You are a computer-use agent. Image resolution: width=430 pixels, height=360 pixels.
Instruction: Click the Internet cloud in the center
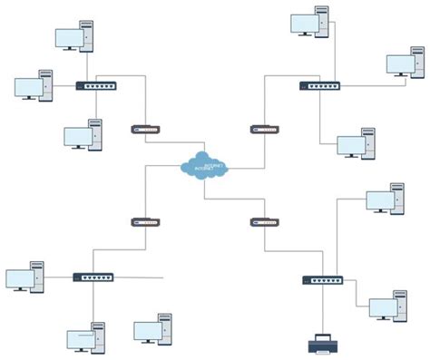click(205, 166)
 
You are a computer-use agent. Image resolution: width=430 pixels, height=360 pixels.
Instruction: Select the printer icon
click(322, 343)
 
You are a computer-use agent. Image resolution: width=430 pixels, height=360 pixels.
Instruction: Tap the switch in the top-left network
click(96, 87)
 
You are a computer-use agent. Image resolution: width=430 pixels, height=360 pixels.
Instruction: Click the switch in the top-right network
click(319, 86)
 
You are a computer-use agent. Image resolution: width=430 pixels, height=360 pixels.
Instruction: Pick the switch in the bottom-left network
click(93, 277)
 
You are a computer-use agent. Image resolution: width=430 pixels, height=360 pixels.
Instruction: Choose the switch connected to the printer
click(322, 280)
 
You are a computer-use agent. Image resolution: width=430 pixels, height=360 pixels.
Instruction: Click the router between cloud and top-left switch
click(146, 129)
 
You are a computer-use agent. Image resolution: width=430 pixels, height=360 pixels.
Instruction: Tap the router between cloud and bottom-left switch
click(145, 221)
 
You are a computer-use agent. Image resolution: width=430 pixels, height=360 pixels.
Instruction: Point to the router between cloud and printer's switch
click(264, 221)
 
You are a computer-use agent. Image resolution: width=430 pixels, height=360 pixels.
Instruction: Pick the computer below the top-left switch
click(84, 135)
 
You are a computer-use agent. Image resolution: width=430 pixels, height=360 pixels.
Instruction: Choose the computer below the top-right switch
click(357, 143)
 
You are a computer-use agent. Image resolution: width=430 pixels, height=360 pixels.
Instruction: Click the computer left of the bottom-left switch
click(25, 277)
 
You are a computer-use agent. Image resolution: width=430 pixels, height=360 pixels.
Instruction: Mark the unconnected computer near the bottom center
click(153, 329)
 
